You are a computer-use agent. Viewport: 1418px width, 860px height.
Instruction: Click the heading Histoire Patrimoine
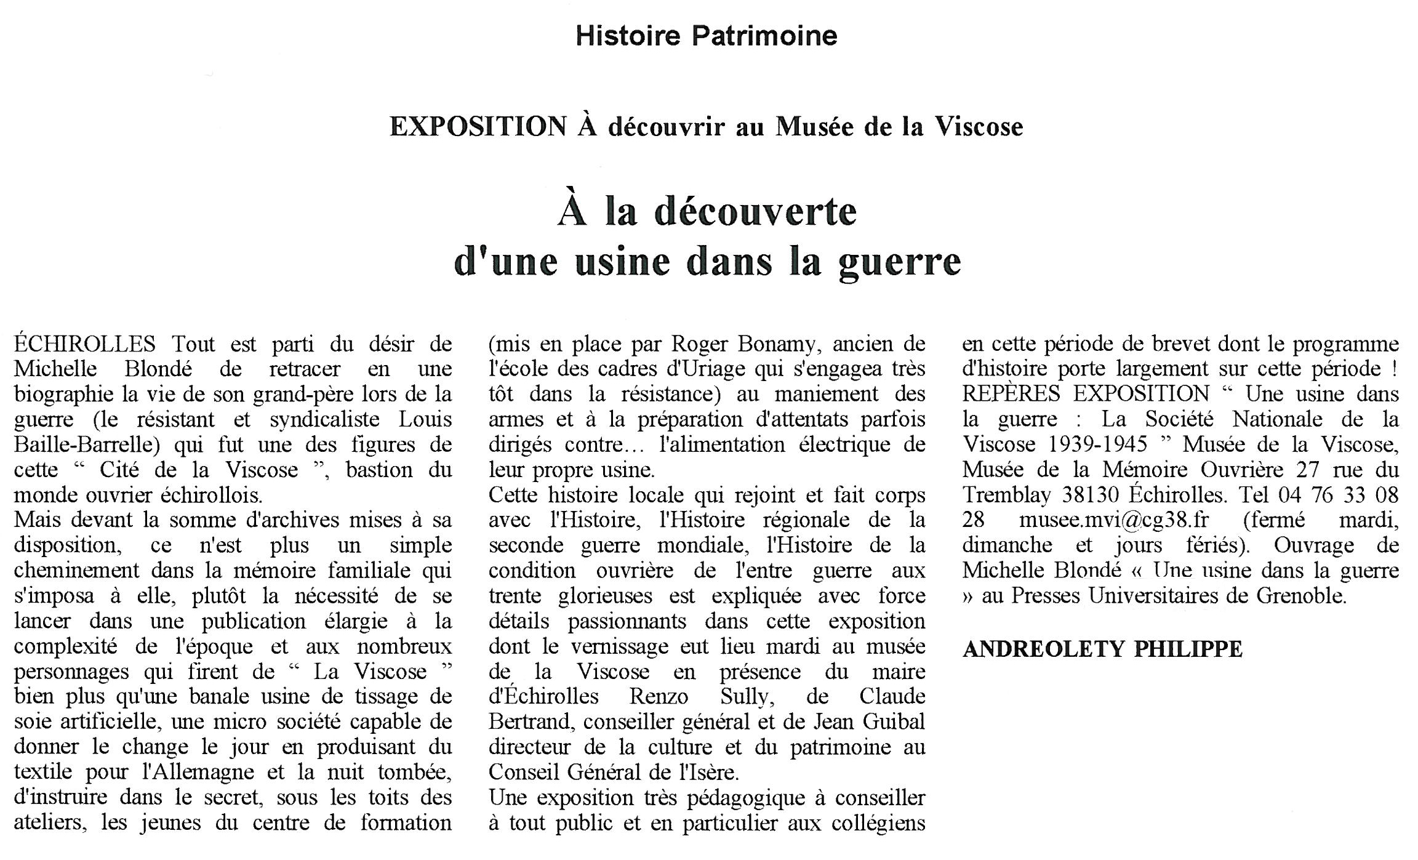point(706,36)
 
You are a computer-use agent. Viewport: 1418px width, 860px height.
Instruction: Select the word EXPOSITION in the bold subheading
point(478,127)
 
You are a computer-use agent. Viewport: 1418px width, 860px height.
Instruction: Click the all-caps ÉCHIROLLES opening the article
point(85,344)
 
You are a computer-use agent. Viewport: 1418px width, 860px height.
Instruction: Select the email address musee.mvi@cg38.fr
point(1114,520)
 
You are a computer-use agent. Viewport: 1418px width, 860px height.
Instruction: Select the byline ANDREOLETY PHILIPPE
point(1102,649)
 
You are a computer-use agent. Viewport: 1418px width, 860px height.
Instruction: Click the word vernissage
point(619,646)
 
